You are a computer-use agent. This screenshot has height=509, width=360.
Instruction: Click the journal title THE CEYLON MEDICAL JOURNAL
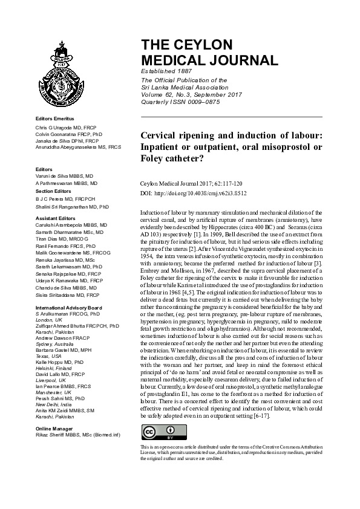point(209,53)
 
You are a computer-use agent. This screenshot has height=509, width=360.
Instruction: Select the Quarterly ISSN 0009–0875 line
point(180,102)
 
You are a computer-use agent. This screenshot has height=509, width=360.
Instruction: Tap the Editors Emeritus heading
point(55,118)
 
